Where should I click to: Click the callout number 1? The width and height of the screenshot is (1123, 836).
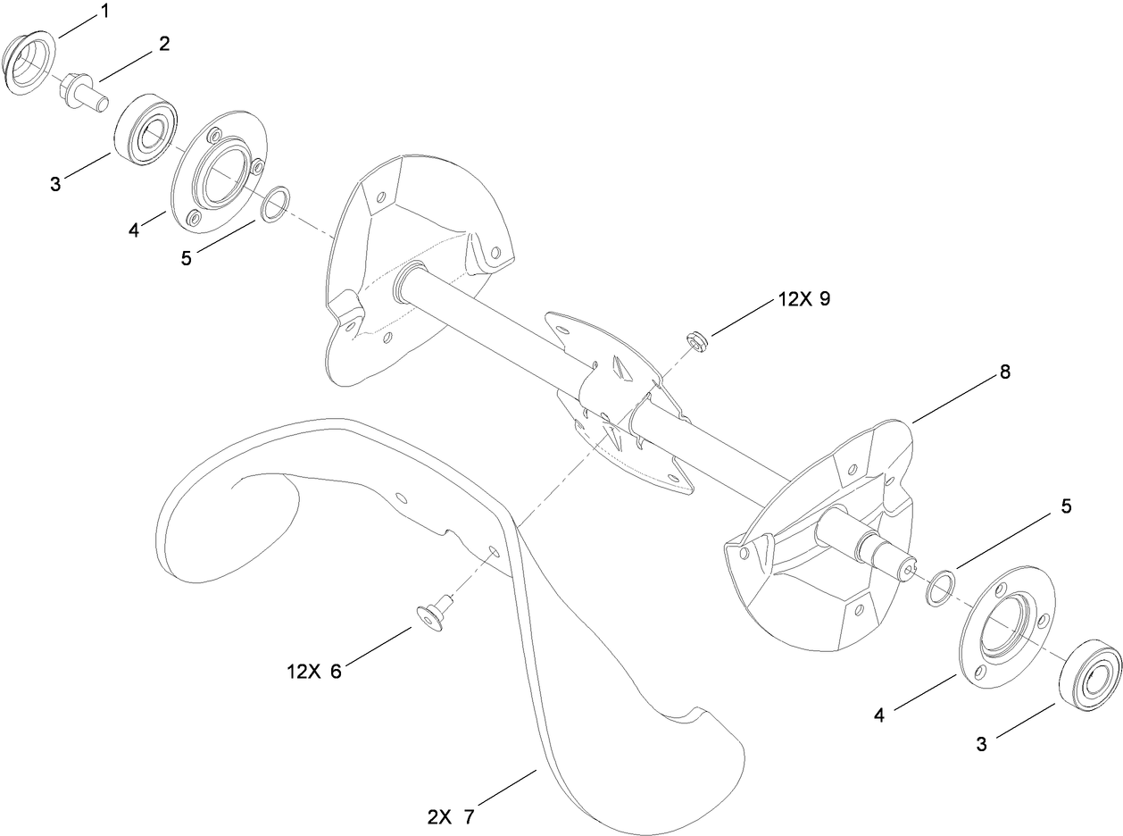[104, 12]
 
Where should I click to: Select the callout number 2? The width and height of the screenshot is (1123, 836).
[164, 44]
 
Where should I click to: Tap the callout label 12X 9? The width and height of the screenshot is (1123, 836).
[804, 299]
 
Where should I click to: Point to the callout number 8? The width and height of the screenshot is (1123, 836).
[1004, 372]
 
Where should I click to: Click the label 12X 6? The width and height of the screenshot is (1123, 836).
[314, 672]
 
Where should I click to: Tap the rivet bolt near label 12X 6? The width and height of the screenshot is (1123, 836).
[434, 613]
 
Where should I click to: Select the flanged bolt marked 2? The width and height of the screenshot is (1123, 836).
[85, 93]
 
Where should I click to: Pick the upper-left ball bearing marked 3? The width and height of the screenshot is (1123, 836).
[146, 129]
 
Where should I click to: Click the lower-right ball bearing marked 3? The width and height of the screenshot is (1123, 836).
[1090, 676]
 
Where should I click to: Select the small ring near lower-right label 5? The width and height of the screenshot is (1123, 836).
[941, 587]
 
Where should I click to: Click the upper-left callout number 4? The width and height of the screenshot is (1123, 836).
[134, 230]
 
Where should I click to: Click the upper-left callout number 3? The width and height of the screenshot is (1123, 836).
[55, 184]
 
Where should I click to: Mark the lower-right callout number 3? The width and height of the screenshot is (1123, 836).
[981, 744]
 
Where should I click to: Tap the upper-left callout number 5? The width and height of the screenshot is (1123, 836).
[187, 258]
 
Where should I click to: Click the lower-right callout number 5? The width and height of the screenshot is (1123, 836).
[1066, 506]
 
